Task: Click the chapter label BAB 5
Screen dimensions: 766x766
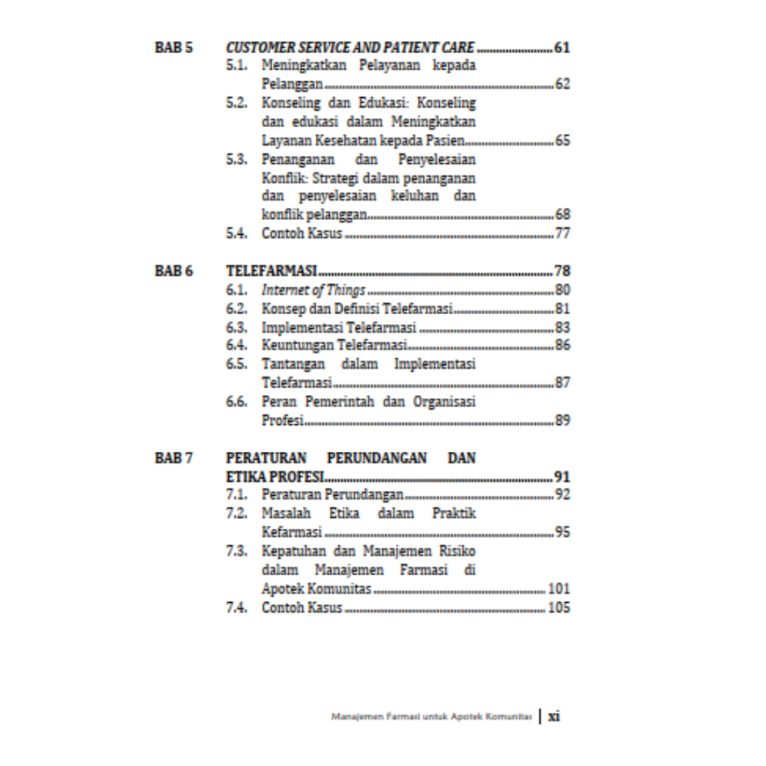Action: (174, 48)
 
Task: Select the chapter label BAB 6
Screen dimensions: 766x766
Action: (174, 271)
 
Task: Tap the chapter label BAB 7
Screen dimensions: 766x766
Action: (174, 457)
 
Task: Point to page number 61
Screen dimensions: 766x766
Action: (562, 48)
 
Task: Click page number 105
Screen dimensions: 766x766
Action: (558, 607)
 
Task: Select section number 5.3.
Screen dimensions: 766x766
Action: (236, 159)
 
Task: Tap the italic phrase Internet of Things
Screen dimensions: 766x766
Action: (313, 290)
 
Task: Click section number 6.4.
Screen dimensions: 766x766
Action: (236, 346)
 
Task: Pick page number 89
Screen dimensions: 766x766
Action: (562, 420)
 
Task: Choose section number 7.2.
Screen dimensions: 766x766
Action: (236, 513)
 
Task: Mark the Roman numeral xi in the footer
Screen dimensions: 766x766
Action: (554, 716)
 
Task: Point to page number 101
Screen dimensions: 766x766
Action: (558, 589)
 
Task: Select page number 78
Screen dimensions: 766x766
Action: (562, 271)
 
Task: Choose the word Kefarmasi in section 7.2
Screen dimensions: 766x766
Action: (292, 533)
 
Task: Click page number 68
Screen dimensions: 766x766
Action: (562, 215)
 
